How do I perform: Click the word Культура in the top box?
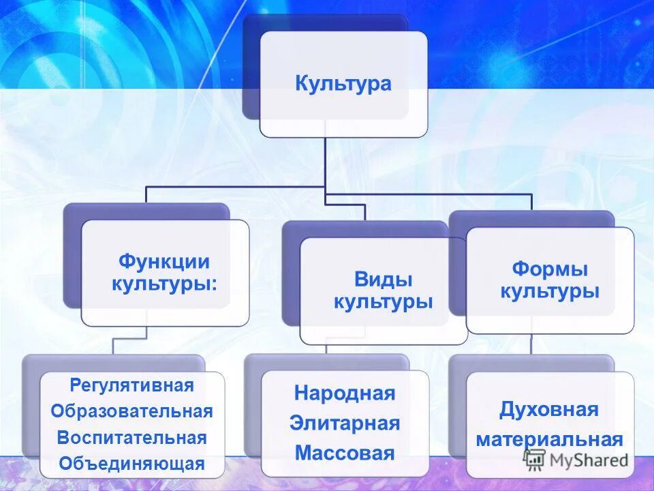(343, 84)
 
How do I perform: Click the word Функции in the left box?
(164, 261)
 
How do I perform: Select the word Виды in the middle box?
(383, 279)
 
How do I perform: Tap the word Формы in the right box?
(549, 269)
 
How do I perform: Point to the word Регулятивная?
(131, 385)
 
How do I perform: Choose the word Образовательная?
(131, 411)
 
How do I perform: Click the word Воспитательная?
(131, 437)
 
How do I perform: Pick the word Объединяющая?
(131, 464)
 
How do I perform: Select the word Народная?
(345, 393)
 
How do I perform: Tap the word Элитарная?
(345, 423)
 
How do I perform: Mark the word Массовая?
(345, 453)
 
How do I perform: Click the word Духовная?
(548, 410)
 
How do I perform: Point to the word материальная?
(549, 438)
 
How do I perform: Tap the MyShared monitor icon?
(535, 460)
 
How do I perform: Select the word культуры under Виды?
(383, 302)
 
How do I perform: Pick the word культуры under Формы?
(549, 292)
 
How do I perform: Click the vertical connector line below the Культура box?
(325, 164)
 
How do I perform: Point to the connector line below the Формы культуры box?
(531, 344)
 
